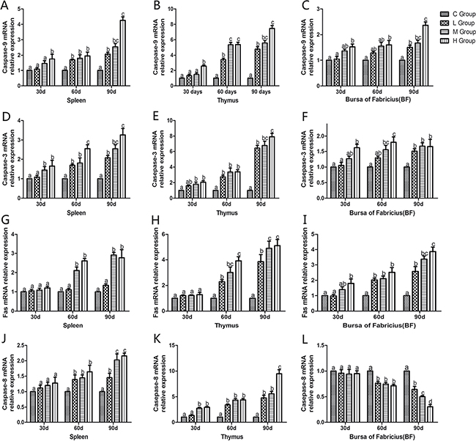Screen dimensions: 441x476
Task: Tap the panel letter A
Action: coord(6,6)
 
